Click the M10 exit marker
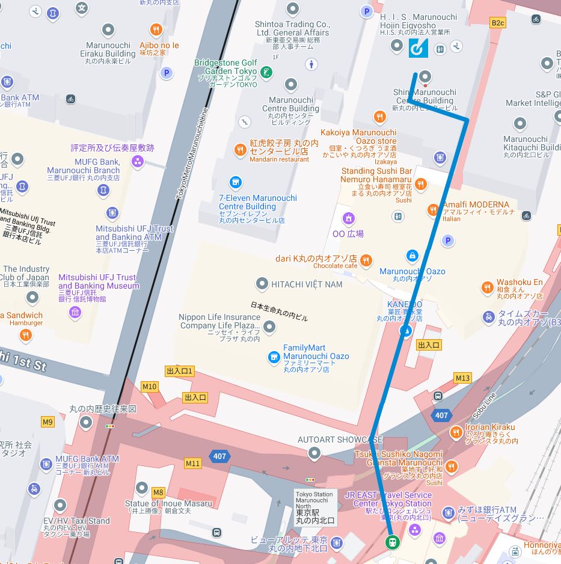(149, 387)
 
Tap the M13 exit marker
(462, 378)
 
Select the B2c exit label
(498, 23)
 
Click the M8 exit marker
(158, 492)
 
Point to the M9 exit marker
(48, 422)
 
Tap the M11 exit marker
(192, 463)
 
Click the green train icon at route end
(391, 541)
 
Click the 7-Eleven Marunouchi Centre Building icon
(235, 182)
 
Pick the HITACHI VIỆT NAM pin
(262, 283)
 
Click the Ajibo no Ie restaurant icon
(156, 29)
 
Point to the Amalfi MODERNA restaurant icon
(432, 210)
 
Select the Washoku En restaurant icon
(488, 288)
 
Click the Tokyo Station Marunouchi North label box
(314, 507)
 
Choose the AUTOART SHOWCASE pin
(314, 453)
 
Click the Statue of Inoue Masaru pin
(142, 488)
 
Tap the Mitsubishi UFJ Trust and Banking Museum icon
(75, 311)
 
